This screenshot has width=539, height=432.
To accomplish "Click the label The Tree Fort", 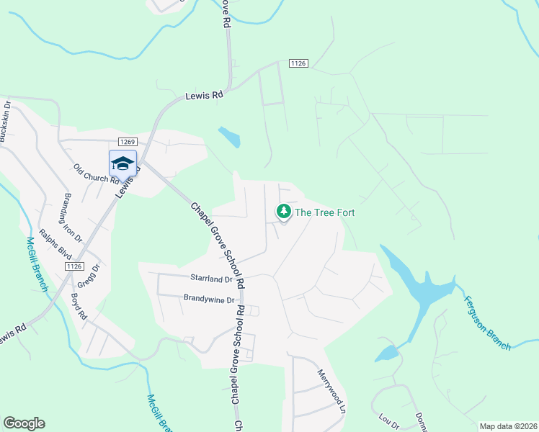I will tap(325, 212).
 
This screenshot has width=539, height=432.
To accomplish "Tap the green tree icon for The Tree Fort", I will tap(284, 212).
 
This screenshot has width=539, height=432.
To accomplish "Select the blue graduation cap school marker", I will tap(122, 163).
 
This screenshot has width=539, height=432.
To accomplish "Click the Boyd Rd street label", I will tap(79, 305).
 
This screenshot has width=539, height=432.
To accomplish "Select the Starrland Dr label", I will tap(212, 278).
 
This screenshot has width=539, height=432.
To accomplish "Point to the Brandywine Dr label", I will tap(210, 300).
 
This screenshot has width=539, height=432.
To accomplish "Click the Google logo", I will tap(24, 423).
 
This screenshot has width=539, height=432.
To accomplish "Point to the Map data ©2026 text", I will tap(508, 426).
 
